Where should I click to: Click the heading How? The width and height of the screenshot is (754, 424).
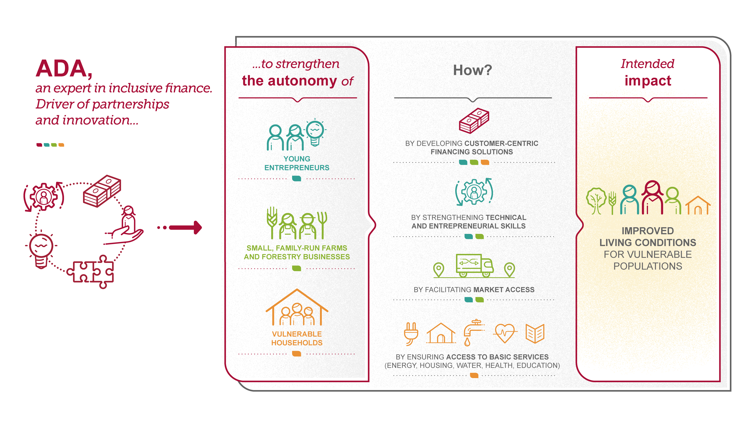coord(473,70)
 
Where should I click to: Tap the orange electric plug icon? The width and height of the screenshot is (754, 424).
coord(411,333)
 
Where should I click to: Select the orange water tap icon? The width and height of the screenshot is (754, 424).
coord(473,332)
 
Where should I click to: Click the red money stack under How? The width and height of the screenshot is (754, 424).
coord(474,120)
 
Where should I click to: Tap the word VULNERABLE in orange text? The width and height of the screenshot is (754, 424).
coord(297,334)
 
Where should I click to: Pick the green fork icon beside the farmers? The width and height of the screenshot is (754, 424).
coord(322,224)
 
